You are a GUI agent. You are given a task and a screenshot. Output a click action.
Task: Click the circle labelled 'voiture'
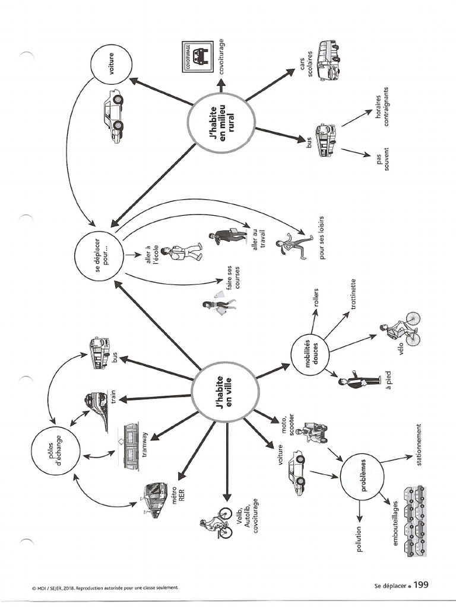(x=110, y=65)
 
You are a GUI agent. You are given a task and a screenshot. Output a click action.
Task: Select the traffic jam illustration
(x=415, y=522)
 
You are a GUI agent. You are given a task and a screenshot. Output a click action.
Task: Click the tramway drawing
(x=132, y=445)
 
